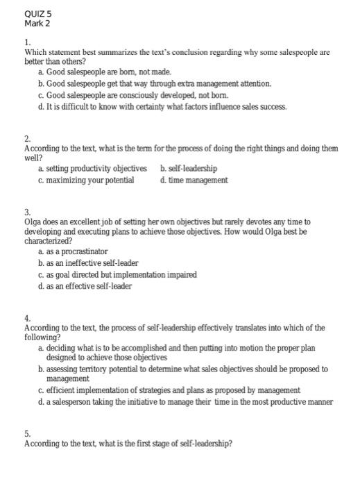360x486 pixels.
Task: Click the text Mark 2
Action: coord(37,23)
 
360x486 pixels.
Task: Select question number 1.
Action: coord(26,42)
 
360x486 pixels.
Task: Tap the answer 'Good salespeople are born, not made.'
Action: coord(104,72)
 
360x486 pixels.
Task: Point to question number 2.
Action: coord(27,138)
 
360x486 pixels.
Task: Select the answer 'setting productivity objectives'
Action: coord(93,169)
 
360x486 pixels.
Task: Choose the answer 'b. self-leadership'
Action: coord(188,169)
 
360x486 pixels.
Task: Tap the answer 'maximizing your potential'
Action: coord(87,181)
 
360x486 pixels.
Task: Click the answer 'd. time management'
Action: coord(194,181)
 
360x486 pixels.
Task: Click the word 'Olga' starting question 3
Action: coord(34,221)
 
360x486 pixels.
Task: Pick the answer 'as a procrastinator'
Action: coord(74,251)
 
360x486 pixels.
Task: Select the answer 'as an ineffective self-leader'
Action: coord(89,263)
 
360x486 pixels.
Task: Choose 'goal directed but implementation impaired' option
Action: coord(118,275)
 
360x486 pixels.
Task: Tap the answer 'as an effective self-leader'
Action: coord(85,287)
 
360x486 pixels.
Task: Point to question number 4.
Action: coord(27,318)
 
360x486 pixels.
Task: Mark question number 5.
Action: coord(27,432)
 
